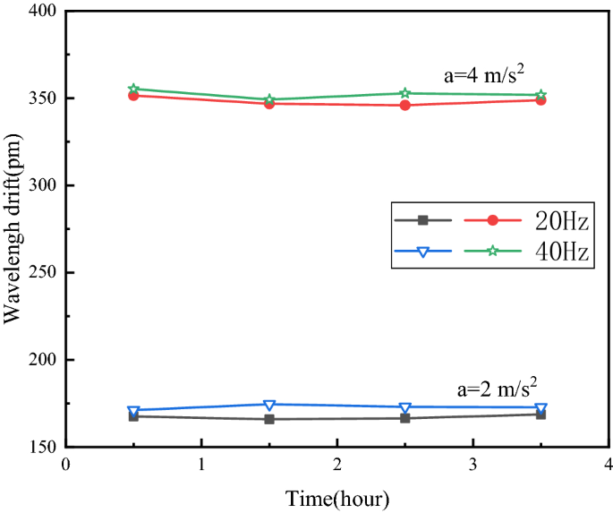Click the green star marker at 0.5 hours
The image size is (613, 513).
pyautogui.click(x=133, y=89)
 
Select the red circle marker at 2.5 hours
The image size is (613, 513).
pyautogui.click(x=405, y=105)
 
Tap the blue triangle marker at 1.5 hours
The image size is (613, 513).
pyautogui.click(x=269, y=405)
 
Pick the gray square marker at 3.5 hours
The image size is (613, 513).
pyautogui.click(x=541, y=414)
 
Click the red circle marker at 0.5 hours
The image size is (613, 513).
pyautogui.click(x=133, y=95)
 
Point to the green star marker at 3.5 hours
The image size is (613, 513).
pyautogui.click(x=541, y=95)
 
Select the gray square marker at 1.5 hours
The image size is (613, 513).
pyautogui.click(x=269, y=419)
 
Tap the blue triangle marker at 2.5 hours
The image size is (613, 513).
pyautogui.click(x=405, y=407)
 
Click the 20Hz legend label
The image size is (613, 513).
pyautogui.click(x=562, y=220)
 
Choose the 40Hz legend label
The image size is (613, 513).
pyautogui.click(x=562, y=252)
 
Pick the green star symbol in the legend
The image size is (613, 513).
pyautogui.click(x=493, y=252)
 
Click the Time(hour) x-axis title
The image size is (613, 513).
pyautogui.click(x=337, y=497)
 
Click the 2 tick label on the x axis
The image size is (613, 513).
pyautogui.click(x=337, y=465)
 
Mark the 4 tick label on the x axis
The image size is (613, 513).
pyautogui.click(x=608, y=465)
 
